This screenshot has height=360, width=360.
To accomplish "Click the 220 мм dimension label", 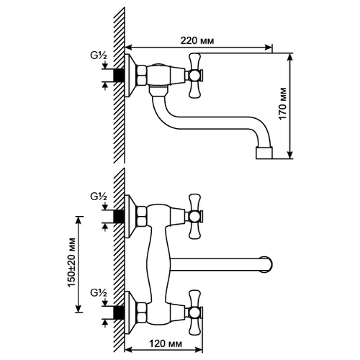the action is [x=197, y=40].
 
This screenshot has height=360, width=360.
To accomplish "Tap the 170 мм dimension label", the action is [x=283, y=104].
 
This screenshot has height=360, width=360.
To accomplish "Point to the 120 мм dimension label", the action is [x=166, y=343].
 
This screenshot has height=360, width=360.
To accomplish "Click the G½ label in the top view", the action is [x=99, y=55].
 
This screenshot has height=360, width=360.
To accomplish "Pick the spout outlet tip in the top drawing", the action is [x=264, y=153].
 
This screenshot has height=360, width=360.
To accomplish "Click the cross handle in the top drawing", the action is [x=194, y=76].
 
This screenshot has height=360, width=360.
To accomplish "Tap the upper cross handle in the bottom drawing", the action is [x=194, y=217].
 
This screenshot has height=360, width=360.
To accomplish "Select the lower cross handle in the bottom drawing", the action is [x=194, y=312].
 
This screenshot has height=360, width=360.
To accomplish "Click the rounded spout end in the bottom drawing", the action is [x=267, y=264].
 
